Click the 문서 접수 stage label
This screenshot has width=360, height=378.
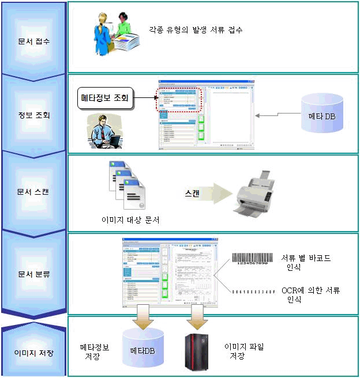click(x=34, y=41)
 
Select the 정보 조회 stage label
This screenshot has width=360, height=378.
click(x=34, y=115)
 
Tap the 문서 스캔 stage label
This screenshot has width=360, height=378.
click(x=34, y=191)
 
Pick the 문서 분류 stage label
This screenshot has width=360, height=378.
click(x=34, y=274)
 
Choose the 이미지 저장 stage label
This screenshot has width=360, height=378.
click(x=34, y=352)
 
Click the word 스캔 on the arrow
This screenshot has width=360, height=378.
click(x=193, y=194)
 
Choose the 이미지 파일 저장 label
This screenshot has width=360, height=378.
click(x=243, y=351)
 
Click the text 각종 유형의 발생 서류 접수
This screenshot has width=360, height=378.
click(x=195, y=29)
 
